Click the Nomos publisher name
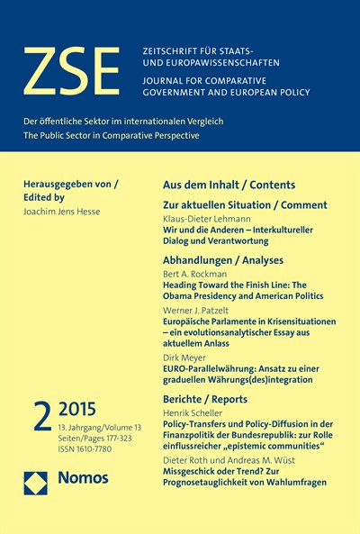83,479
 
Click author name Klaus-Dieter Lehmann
207,218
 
